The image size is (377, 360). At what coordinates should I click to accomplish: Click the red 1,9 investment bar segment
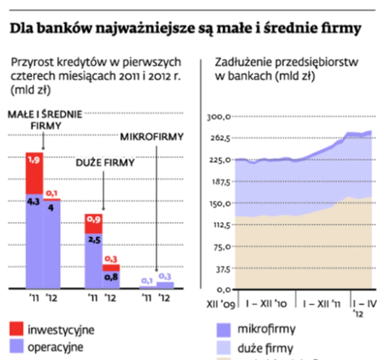(34, 173)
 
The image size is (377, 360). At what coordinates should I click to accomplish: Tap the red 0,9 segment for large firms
(94, 224)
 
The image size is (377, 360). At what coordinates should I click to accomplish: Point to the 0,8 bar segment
(111, 279)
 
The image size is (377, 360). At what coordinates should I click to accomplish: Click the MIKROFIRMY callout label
(152, 137)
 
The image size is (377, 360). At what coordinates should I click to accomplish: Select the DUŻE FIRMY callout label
(105, 163)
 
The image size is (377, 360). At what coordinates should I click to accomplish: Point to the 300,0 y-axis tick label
(218, 117)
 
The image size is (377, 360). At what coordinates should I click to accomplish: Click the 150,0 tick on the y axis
(218, 204)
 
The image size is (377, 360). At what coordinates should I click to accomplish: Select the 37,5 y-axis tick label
(219, 269)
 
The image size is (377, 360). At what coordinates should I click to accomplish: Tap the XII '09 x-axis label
(220, 304)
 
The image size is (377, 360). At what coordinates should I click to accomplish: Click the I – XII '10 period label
(266, 304)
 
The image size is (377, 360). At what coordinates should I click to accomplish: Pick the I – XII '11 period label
(322, 304)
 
